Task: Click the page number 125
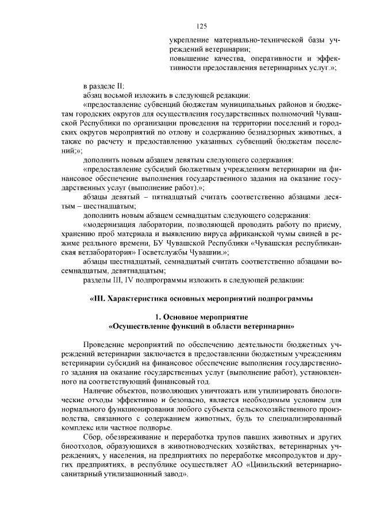tap(201, 26)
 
